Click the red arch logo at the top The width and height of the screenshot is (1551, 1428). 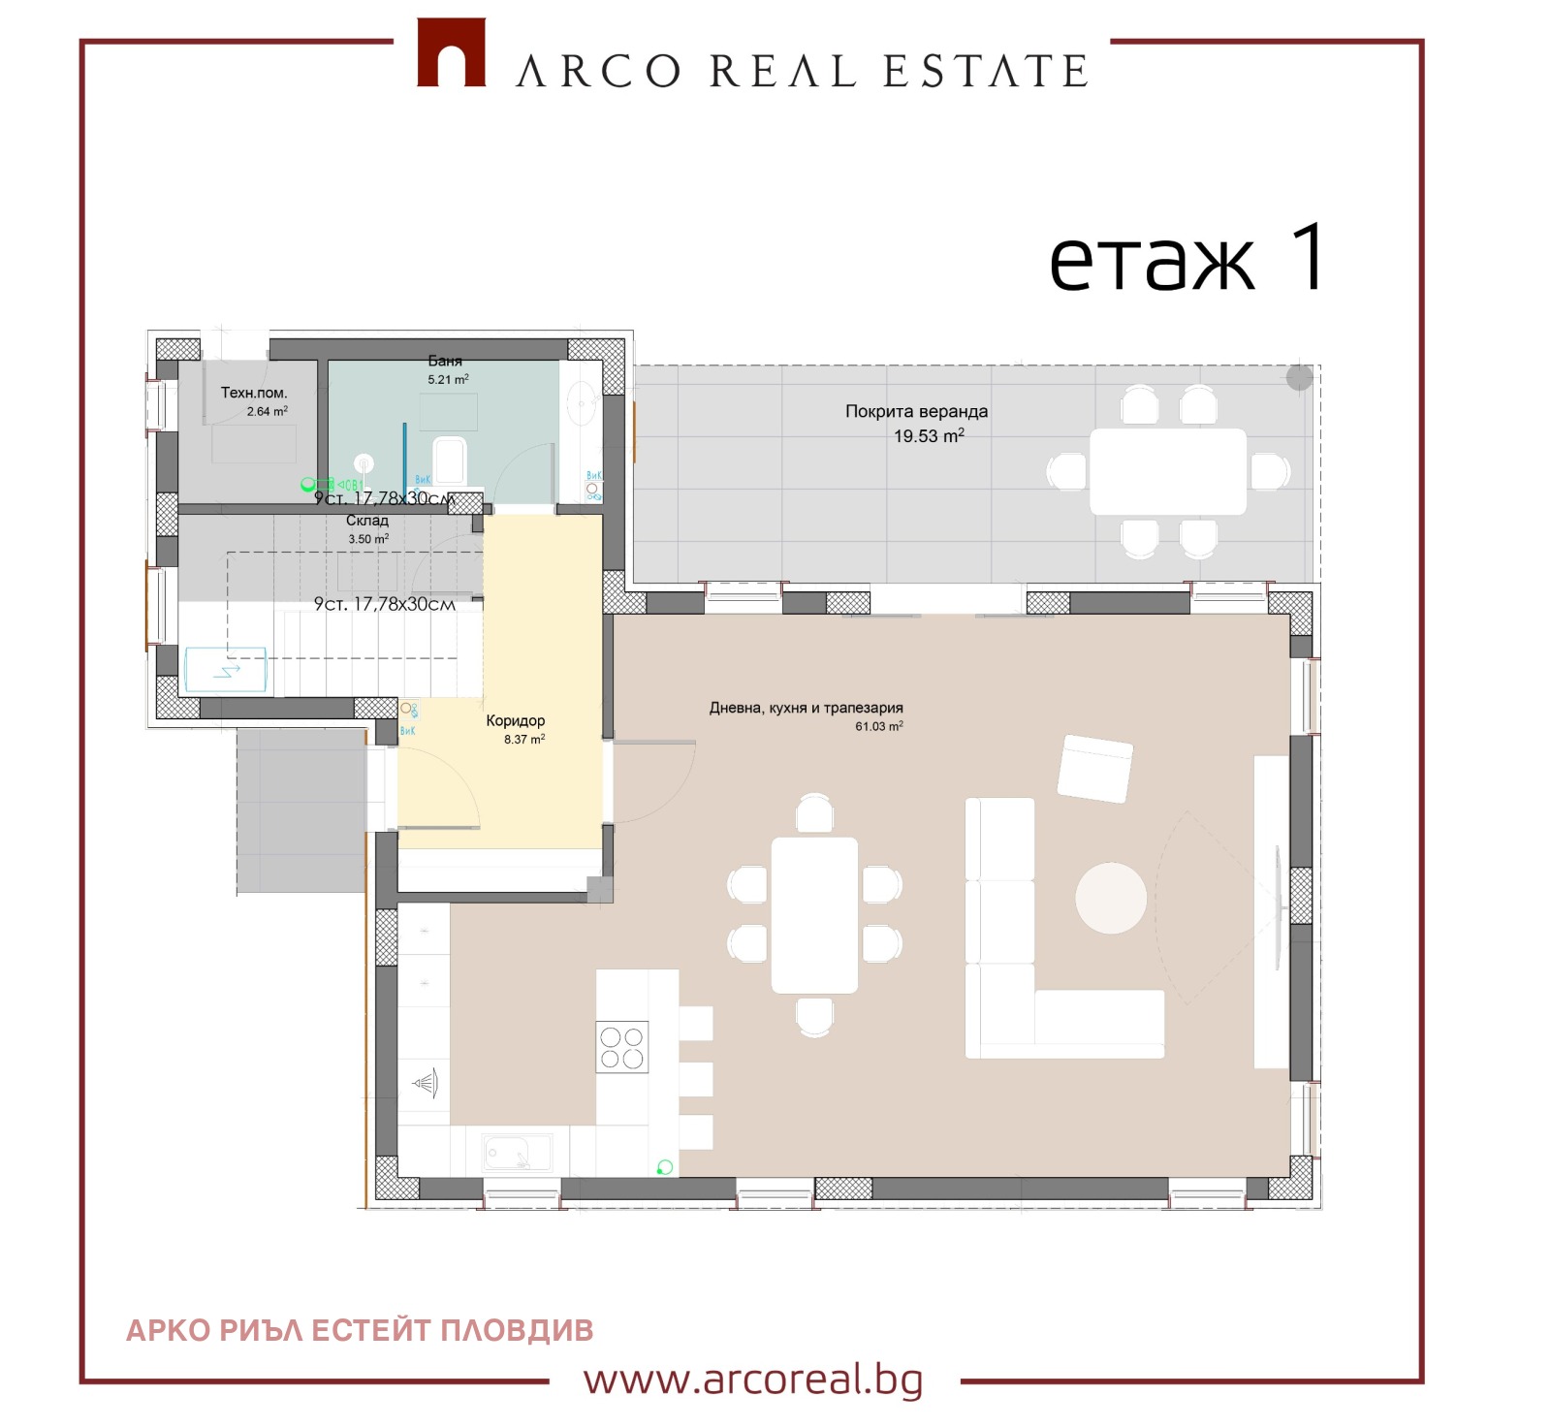tap(451, 53)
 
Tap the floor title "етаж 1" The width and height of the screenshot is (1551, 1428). tap(1187, 259)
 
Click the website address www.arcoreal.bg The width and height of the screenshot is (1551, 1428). tap(753, 1379)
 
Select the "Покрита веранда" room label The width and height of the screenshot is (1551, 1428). tap(916, 411)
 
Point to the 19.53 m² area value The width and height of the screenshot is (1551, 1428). tap(928, 436)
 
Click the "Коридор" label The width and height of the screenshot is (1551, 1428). tap(515, 720)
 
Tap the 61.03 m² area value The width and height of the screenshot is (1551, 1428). tap(878, 726)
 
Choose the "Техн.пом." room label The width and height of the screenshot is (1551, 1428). tap(254, 393)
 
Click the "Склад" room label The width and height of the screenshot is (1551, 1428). tap(367, 521)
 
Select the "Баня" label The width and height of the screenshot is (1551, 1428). tap(445, 361)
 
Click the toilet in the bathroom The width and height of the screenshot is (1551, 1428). tap(450, 459)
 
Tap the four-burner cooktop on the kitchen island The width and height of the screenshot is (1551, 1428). tap(621, 1047)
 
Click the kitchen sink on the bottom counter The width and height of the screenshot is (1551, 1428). tap(518, 1153)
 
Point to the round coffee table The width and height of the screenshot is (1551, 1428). tap(1111, 898)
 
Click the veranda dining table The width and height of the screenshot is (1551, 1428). tap(1167, 471)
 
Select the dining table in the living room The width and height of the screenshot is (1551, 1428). tap(814, 914)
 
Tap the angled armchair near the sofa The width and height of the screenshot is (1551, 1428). tap(1095, 768)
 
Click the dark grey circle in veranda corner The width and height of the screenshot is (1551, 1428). tap(1299, 377)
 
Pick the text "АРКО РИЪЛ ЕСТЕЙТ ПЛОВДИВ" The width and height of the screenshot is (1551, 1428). tap(360, 1330)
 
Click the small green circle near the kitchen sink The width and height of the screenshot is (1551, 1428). tap(665, 1167)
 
